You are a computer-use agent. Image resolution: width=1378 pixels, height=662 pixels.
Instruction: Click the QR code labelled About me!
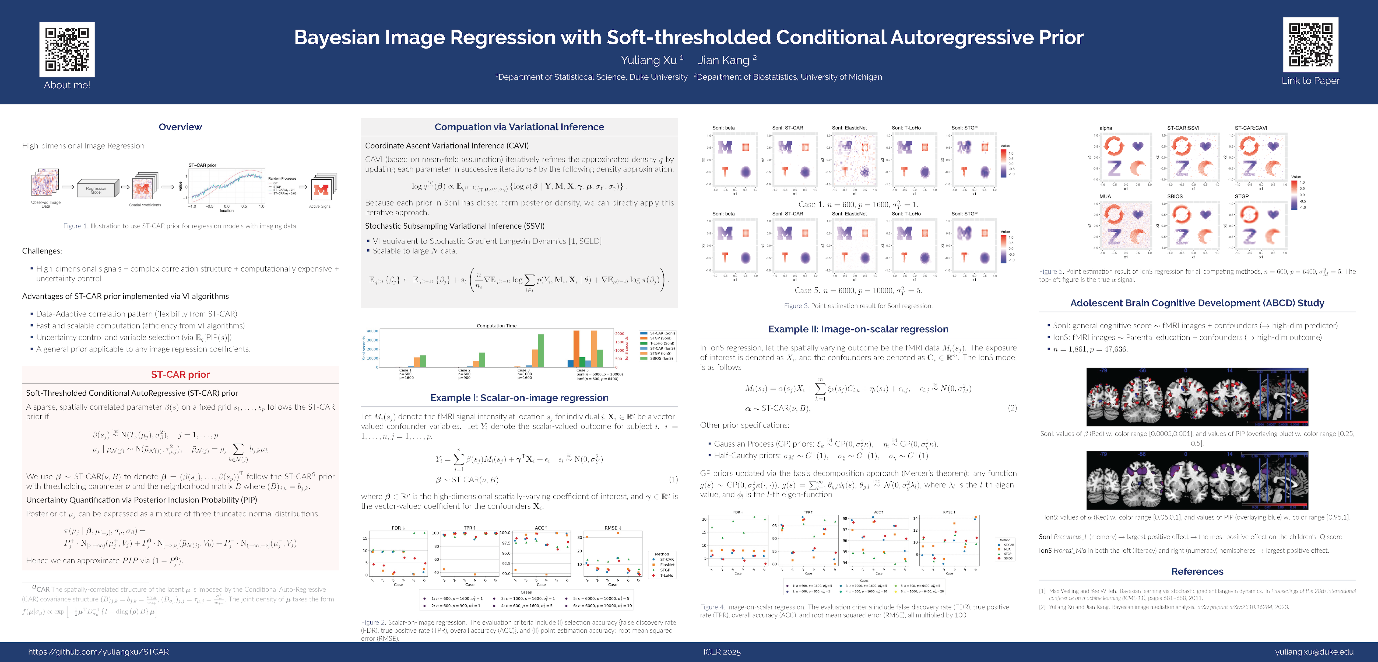(67, 49)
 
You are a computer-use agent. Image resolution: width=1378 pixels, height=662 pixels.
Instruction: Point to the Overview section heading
(180, 127)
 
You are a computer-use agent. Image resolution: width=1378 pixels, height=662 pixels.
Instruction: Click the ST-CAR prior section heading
(180, 375)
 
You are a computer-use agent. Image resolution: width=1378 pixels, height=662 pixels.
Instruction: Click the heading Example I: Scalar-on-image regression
(519, 398)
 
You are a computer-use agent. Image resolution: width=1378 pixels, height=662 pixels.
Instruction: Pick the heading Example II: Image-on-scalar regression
(858, 329)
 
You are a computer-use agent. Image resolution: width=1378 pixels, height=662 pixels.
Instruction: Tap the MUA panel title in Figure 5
(1105, 196)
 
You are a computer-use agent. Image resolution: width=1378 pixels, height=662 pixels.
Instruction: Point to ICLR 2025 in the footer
(722, 652)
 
